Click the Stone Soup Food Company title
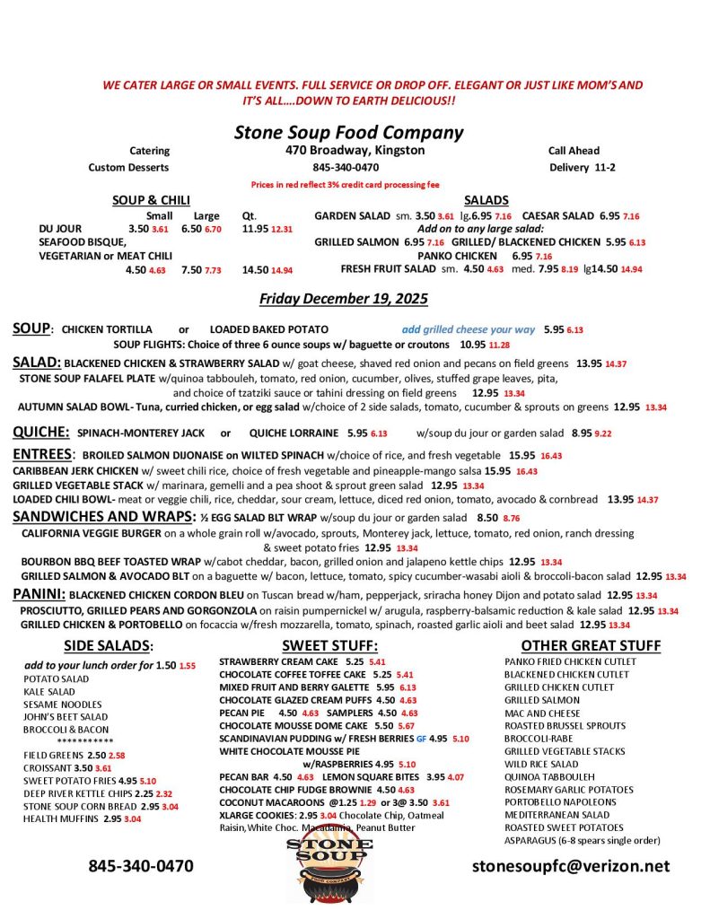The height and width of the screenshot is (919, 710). tap(348, 133)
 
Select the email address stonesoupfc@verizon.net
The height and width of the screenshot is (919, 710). tap(571, 866)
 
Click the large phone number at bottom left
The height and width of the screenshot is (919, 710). tap(140, 866)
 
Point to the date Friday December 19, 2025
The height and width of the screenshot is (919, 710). tap(344, 298)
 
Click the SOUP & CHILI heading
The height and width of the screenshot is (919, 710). tap(150, 200)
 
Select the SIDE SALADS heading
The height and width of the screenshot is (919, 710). tap(109, 645)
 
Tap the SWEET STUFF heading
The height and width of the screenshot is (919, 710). tap(329, 645)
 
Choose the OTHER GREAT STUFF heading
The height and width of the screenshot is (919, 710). tap(591, 645)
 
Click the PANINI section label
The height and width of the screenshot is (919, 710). tap(39, 594)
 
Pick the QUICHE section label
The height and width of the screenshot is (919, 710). tap(40, 432)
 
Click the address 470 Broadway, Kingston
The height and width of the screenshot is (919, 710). tap(355, 151)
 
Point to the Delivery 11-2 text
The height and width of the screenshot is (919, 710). tap(582, 167)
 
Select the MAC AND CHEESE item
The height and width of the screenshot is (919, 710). tap(542, 713)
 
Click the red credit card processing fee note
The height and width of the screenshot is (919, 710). tap(346, 184)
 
